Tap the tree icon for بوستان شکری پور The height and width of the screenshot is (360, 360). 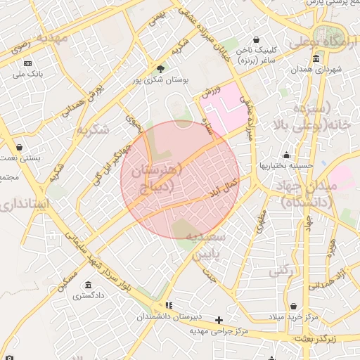click(161, 69)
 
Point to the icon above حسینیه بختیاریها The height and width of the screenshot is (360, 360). click(286, 155)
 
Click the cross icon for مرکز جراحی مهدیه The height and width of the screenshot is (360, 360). click(219, 320)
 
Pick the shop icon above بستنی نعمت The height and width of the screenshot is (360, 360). click(18, 147)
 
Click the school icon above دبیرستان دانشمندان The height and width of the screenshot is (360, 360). click(168, 305)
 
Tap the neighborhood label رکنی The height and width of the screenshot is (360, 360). click(283, 269)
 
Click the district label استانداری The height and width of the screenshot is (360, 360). click(25, 205)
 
